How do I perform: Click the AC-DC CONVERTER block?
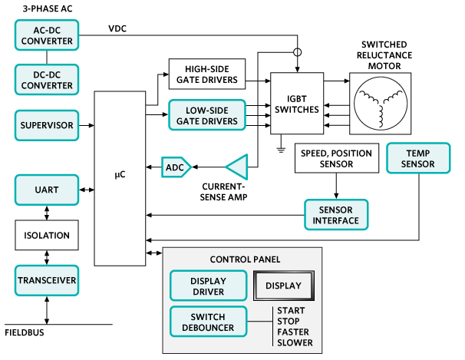[x=46, y=35]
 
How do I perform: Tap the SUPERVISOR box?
[x=46, y=124]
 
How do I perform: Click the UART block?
[x=46, y=190]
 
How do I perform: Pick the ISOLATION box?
[x=46, y=236]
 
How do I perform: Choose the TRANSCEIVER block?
[x=46, y=280]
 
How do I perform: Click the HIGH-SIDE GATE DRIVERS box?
[x=207, y=74]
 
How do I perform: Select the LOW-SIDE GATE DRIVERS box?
[x=207, y=114]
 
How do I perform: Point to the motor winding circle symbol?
[x=381, y=105]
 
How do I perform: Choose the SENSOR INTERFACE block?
[x=336, y=215]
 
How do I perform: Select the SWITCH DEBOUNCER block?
[x=207, y=322]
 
